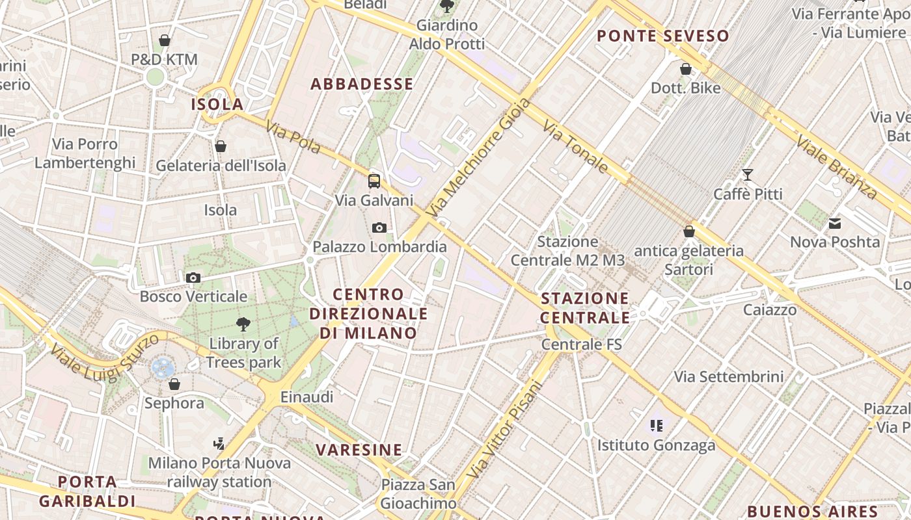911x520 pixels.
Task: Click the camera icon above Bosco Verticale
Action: [193, 278]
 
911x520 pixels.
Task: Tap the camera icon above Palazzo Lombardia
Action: [379, 227]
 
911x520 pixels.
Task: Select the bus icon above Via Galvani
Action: [374, 181]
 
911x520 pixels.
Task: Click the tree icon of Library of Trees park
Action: [243, 324]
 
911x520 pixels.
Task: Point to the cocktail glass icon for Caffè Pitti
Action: [748, 175]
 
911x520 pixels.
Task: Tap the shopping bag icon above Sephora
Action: [174, 384]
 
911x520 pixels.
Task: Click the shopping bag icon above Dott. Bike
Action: [686, 69]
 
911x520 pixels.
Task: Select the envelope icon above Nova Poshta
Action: [835, 224]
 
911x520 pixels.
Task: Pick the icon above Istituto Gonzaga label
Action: [656, 426]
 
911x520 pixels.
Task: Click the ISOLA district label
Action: [217, 104]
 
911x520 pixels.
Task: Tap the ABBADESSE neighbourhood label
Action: [362, 84]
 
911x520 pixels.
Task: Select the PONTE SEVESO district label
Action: [663, 36]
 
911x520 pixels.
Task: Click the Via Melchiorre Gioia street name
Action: [479, 158]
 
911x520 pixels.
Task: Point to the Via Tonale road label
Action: [575, 148]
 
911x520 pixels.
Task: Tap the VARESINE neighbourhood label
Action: [359, 450]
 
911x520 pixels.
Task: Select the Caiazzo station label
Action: [770, 309]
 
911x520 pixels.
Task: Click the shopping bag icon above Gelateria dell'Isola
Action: [221, 146]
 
